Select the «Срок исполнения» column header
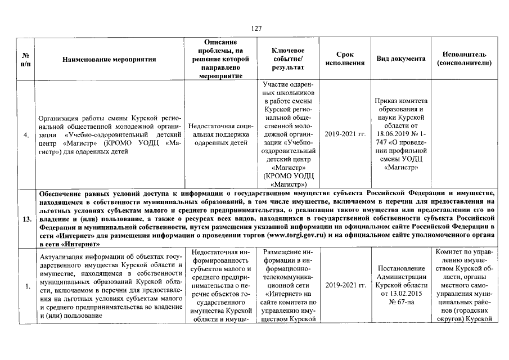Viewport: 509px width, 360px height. click(x=345, y=58)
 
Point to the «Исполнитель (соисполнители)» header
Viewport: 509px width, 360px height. click(x=464, y=58)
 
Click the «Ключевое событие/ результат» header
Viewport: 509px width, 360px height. click(x=287, y=58)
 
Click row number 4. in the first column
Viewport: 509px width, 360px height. click(x=27, y=135)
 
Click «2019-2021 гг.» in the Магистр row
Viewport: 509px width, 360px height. click(x=345, y=135)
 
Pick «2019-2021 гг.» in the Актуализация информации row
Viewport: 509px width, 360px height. click(x=345, y=285)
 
